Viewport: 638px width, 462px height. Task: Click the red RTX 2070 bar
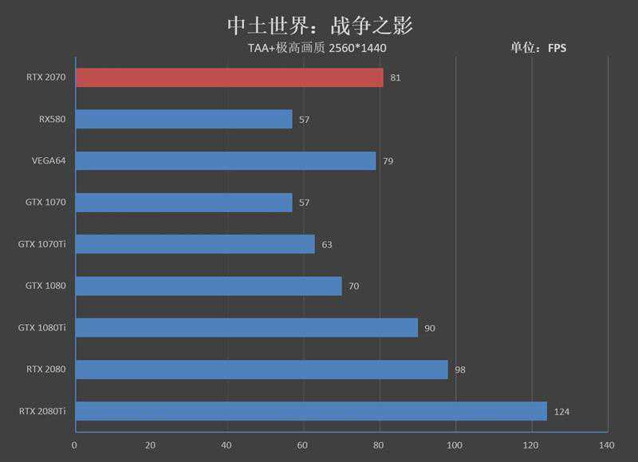(230, 77)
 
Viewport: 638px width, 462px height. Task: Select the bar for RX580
(184, 119)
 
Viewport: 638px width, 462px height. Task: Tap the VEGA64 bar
(226, 160)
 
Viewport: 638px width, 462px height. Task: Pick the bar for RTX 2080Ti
(311, 411)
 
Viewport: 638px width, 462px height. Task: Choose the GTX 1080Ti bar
(246, 327)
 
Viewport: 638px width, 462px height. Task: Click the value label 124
(562, 412)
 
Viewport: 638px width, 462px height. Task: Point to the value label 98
(460, 369)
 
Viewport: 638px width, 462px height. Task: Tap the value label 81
(396, 78)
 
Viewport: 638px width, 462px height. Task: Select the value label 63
(327, 244)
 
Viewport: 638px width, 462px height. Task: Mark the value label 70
(354, 286)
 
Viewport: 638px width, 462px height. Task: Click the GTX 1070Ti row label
(41, 244)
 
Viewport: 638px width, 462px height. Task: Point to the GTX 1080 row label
(45, 286)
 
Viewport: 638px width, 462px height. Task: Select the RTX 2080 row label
(45, 369)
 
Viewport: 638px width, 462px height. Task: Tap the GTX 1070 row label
(45, 203)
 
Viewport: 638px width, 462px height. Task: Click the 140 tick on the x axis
(607, 444)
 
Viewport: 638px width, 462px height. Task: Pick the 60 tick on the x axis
(302, 444)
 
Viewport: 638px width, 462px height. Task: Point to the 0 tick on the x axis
(75, 444)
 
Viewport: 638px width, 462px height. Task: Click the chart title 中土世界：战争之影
(319, 24)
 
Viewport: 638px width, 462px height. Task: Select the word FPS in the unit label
(557, 49)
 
